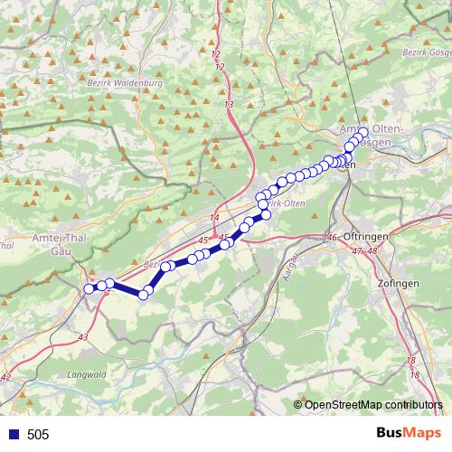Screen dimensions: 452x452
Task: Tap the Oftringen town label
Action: point(365,236)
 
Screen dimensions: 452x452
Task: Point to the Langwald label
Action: point(88,373)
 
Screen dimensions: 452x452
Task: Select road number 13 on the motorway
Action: point(229,105)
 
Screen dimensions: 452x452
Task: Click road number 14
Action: point(214,219)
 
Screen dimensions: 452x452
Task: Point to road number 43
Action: point(84,337)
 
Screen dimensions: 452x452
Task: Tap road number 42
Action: point(7,376)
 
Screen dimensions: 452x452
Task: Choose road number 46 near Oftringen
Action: point(332,237)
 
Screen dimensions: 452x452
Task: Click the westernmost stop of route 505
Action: point(89,288)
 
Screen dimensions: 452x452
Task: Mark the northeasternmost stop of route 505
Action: point(363,132)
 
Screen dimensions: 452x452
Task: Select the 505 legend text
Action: point(38,435)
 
